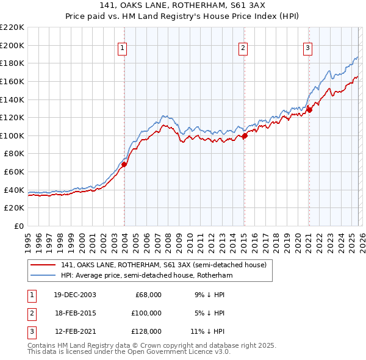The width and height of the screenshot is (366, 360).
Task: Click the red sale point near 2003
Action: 124,164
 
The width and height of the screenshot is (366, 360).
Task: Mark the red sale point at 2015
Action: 244,135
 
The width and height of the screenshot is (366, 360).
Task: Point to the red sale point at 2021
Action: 309,110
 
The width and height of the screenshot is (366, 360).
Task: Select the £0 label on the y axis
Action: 18,226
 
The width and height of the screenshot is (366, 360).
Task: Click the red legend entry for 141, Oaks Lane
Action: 163,265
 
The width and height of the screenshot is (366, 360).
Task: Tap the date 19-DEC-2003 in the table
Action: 75,295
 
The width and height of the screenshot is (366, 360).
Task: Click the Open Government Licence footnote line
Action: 129,352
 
